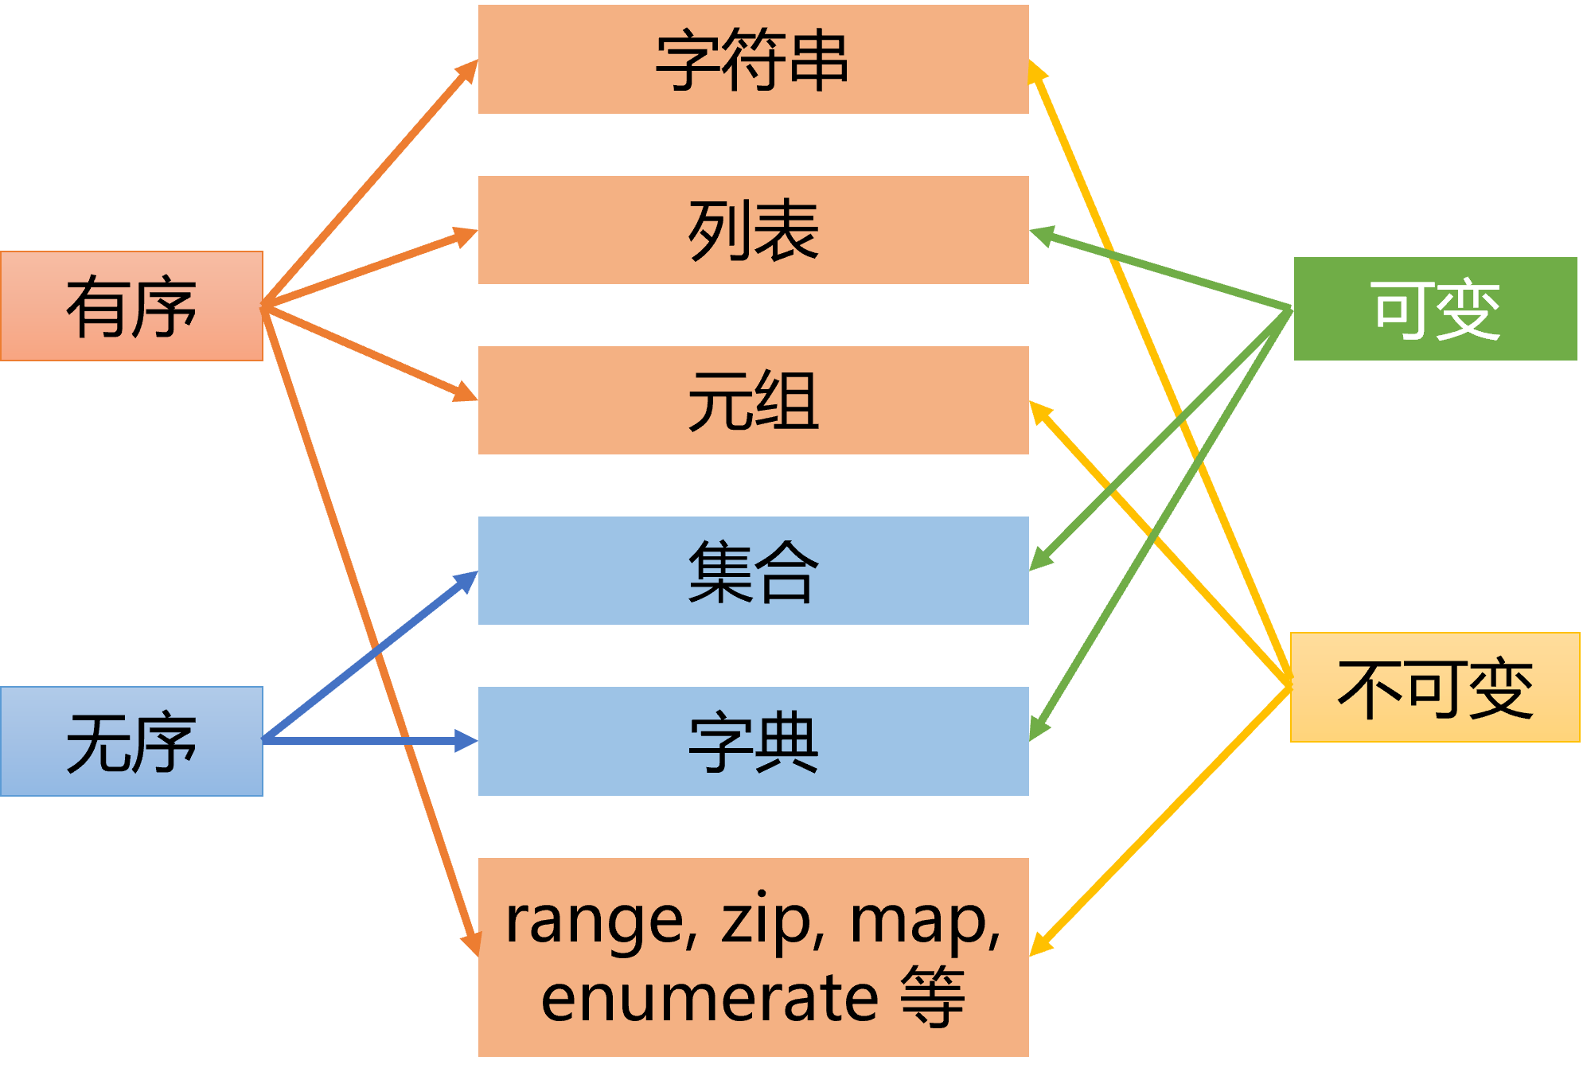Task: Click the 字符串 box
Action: (753, 60)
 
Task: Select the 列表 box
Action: (753, 230)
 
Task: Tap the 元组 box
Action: (753, 400)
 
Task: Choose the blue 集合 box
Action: (753, 571)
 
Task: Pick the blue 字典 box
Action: (753, 741)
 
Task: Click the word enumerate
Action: (709, 998)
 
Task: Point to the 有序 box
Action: (132, 306)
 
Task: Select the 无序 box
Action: (132, 741)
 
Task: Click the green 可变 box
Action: (1435, 309)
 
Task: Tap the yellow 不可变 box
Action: (1435, 688)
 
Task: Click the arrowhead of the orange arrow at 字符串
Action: (469, 71)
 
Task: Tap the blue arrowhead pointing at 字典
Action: (466, 741)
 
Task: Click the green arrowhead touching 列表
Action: (1041, 234)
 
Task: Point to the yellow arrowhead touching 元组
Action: (1039, 411)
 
